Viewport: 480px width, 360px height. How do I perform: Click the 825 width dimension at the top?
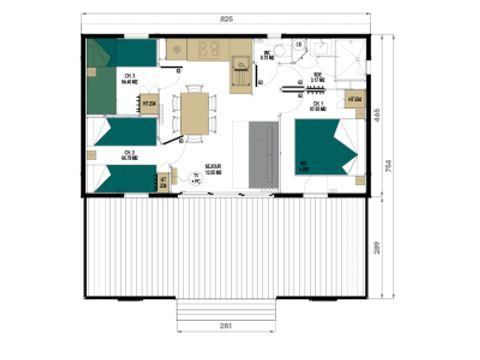(229, 19)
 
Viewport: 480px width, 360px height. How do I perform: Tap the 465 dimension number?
(390, 115)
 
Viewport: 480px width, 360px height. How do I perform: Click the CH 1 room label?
(316, 105)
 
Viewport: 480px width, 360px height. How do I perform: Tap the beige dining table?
(193, 111)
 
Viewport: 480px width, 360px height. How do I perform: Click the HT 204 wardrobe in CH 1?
(355, 100)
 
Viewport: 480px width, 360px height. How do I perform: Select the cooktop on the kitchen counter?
(211, 48)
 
